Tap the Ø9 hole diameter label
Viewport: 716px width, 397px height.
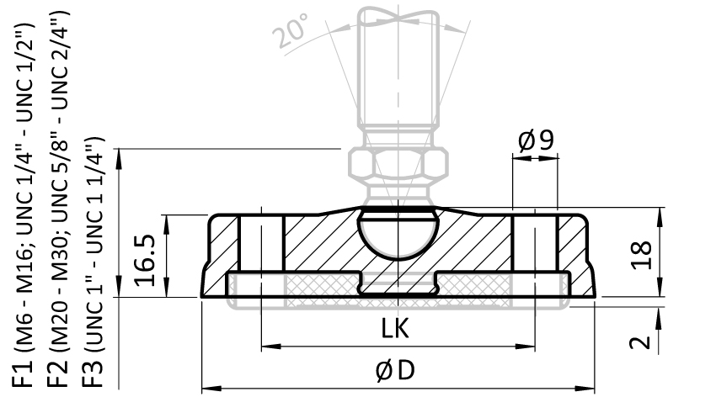(x=536, y=140)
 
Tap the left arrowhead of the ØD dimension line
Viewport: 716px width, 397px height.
(x=207, y=389)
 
